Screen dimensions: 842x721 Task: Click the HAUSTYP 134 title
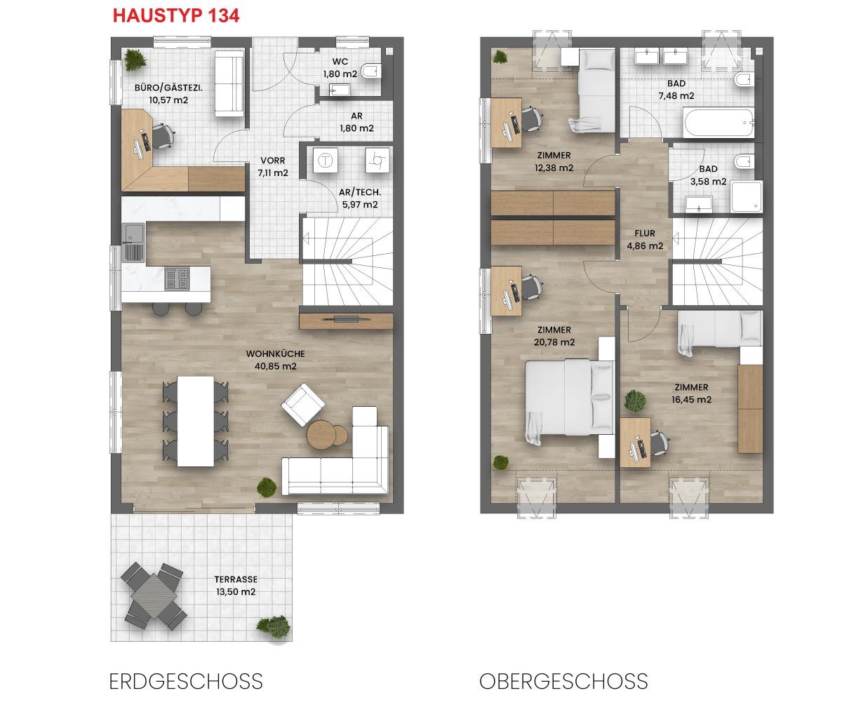click(176, 16)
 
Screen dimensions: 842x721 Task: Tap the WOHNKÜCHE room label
click(275, 353)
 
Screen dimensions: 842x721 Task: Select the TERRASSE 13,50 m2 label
click(236, 586)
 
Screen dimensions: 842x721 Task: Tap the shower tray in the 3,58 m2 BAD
click(746, 197)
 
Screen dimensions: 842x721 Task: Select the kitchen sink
click(133, 243)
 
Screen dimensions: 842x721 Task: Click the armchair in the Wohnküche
click(302, 405)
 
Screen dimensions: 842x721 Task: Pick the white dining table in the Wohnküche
click(196, 421)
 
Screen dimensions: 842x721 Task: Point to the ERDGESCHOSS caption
click(186, 681)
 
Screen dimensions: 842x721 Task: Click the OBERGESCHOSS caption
click(563, 681)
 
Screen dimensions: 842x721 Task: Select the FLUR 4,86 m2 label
click(645, 239)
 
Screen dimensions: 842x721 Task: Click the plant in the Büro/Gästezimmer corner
click(135, 60)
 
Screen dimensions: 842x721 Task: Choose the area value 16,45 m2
click(691, 399)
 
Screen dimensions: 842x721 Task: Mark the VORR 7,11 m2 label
click(273, 166)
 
